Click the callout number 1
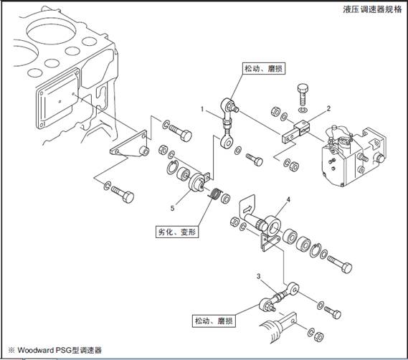[202, 109]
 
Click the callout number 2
[328, 108]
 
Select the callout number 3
[258, 276]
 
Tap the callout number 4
[288, 200]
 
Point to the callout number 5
[172, 208]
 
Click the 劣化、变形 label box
[177, 232]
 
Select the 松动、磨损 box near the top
[264, 68]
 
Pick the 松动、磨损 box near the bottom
[214, 321]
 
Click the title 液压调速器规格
[372, 9]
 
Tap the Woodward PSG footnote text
[55, 350]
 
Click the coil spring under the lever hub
[215, 194]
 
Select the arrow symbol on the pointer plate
[248, 208]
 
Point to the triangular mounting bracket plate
[129, 144]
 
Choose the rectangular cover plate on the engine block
[59, 99]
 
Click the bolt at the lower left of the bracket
[123, 194]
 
